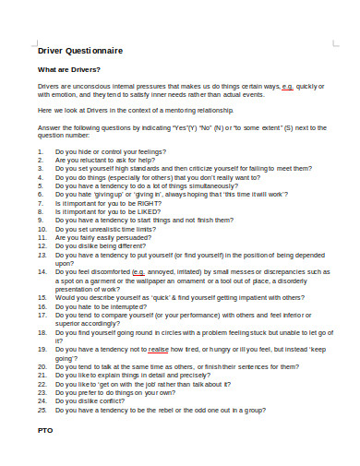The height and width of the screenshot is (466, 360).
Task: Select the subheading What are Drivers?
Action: click(68, 70)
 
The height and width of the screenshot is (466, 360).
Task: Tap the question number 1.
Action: click(41, 149)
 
